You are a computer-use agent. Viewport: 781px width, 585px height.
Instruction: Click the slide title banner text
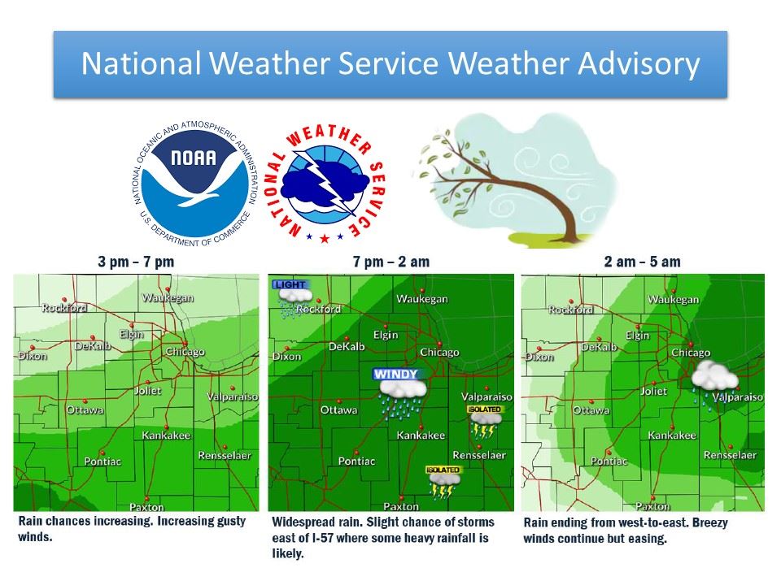tap(390, 64)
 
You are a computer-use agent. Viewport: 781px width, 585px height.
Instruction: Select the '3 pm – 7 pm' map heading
tap(136, 262)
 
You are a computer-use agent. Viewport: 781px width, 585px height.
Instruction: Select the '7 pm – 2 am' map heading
tap(391, 262)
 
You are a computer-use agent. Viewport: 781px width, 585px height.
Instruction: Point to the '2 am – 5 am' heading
tap(643, 262)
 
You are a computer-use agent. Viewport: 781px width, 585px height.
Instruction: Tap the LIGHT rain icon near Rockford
tap(289, 297)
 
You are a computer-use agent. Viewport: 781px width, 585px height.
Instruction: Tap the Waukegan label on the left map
tap(168, 297)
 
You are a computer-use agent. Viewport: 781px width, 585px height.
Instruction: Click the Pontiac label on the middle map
tap(356, 461)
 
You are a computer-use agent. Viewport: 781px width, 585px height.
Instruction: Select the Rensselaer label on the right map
tap(730, 455)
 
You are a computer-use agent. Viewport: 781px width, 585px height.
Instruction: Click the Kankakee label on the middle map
tap(420, 436)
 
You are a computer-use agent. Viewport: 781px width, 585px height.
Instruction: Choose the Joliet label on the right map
tap(653, 391)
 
